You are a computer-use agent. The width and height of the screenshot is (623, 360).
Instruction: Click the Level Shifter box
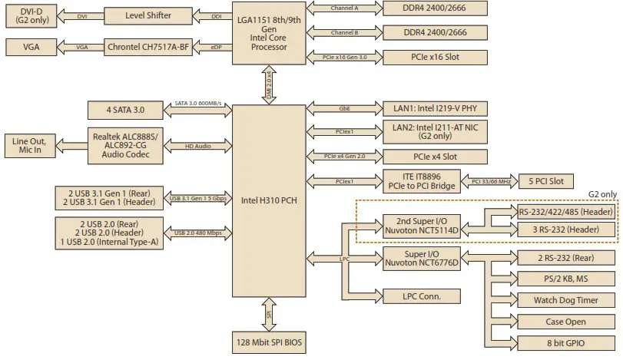147,15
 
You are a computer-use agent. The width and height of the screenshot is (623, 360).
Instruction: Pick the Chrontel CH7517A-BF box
147,47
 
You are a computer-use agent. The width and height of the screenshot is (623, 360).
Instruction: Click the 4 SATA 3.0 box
125,110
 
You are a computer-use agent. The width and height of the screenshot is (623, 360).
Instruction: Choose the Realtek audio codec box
125,145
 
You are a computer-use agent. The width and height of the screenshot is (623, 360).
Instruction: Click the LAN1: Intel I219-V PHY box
435,109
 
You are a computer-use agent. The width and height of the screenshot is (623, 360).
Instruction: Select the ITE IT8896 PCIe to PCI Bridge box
420,182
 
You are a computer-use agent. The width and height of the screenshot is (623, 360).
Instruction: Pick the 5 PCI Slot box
546,182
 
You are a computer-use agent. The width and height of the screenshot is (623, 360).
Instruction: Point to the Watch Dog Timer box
565,300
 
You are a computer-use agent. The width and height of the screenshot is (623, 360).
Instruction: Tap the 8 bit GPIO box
565,342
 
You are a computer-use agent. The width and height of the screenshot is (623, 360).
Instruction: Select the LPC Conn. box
420,296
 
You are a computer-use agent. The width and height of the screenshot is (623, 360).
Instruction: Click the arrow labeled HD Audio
198,145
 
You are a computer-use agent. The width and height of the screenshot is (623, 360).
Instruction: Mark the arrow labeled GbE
343,109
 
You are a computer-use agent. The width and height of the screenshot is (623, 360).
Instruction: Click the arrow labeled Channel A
343,10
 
